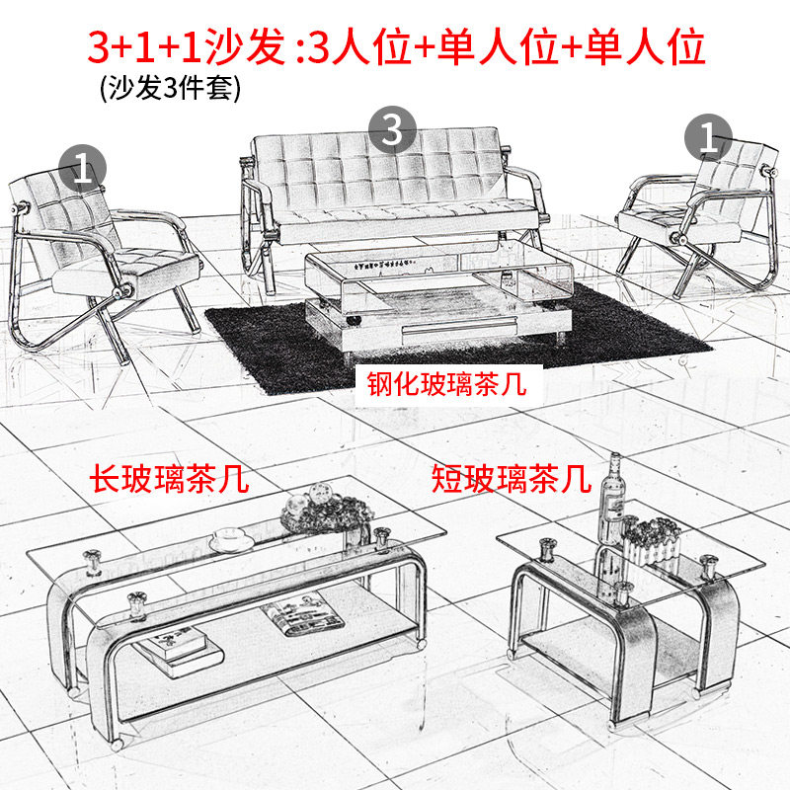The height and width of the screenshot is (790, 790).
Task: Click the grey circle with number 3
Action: [x=392, y=130]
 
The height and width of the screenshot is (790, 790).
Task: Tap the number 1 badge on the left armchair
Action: [x=83, y=168]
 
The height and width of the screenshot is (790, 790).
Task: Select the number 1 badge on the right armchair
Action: [x=708, y=137]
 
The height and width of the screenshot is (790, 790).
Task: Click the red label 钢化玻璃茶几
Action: [x=447, y=384]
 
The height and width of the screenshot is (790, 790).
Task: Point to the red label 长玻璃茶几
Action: [x=169, y=479]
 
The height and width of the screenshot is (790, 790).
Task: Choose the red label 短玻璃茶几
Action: [x=511, y=479]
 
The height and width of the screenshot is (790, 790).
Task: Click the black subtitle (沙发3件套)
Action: [x=170, y=88]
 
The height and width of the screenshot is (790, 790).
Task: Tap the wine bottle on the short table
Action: [x=612, y=498]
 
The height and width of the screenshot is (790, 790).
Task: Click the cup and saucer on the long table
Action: [x=231, y=540]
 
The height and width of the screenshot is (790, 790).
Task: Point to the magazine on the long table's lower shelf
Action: [x=302, y=613]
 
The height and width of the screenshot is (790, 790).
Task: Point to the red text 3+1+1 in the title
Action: [x=146, y=47]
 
